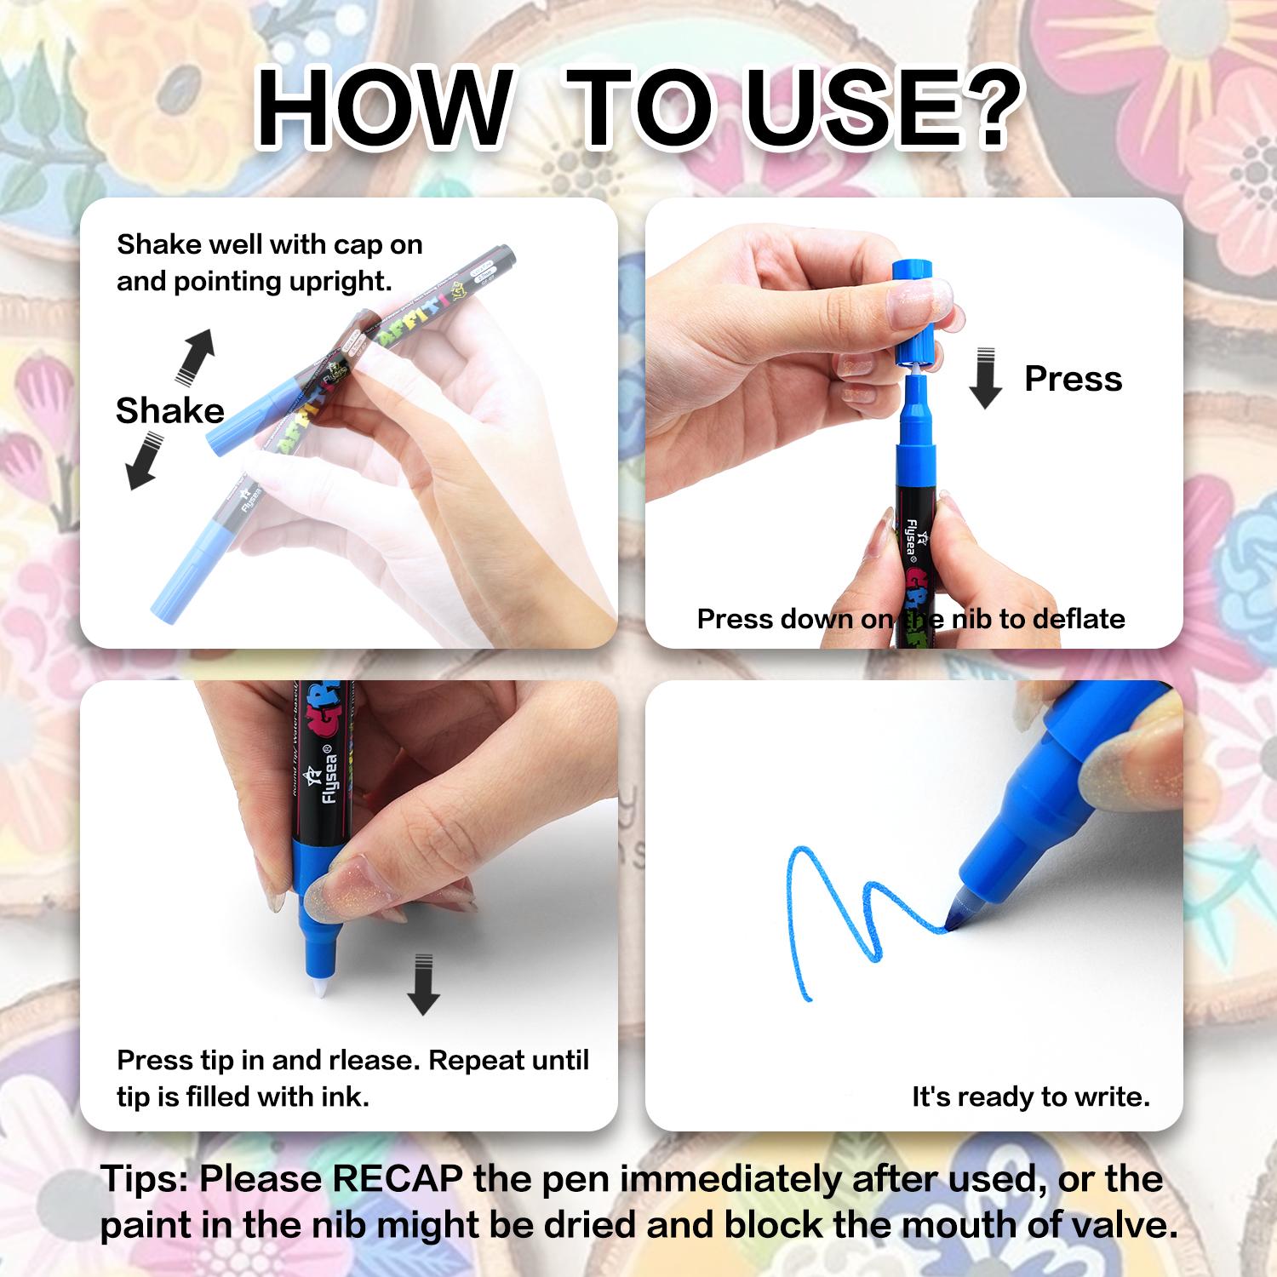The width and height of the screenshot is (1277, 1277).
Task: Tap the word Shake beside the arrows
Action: [x=169, y=410]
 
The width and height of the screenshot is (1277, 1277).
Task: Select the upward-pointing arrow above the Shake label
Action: [x=195, y=355]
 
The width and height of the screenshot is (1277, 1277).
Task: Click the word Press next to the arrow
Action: [x=1073, y=378]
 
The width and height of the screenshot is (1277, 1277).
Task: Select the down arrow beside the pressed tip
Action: [x=423, y=986]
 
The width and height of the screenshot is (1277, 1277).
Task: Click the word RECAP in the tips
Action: [x=397, y=1179]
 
